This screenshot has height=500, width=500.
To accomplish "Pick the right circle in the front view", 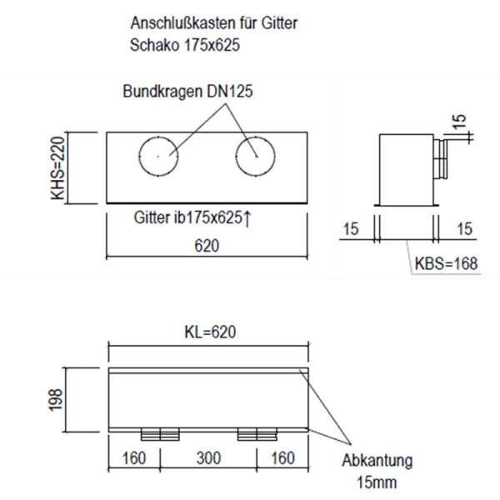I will coord(255,157).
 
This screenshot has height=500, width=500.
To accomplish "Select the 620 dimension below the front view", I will coord(207,247).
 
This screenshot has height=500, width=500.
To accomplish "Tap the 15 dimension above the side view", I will coord(459,122).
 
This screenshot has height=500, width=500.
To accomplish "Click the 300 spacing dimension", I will coord(209,457).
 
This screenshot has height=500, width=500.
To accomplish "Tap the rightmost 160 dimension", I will coord(282,457).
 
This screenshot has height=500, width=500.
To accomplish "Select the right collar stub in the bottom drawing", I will coord(257,434).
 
